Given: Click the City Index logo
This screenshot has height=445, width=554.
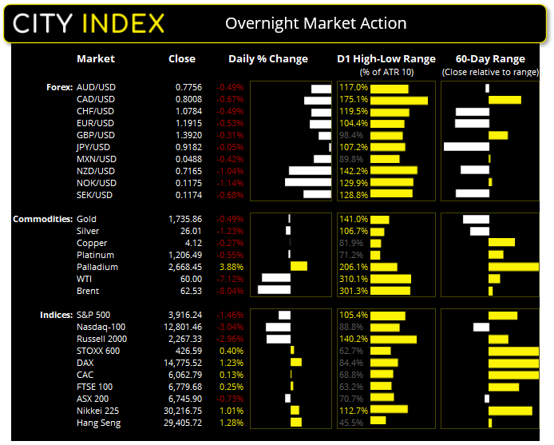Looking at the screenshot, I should [x=89, y=22].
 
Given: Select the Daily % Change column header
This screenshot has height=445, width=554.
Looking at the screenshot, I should [x=267, y=58].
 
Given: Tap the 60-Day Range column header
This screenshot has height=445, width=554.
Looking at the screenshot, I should [x=489, y=58].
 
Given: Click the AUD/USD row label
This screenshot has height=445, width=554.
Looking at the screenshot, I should [x=96, y=87].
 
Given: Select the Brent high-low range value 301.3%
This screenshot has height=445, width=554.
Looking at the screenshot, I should [x=354, y=291].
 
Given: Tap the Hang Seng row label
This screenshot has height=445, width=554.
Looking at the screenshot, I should [x=99, y=423].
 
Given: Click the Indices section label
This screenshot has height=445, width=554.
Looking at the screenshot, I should [x=56, y=315].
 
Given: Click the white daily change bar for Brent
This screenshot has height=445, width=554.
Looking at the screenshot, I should [x=274, y=291].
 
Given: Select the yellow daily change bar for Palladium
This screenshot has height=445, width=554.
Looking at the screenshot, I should [x=299, y=267].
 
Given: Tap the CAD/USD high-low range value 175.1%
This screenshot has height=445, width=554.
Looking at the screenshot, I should [x=354, y=99].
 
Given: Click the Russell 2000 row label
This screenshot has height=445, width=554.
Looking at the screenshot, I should [x=101, y=339].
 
